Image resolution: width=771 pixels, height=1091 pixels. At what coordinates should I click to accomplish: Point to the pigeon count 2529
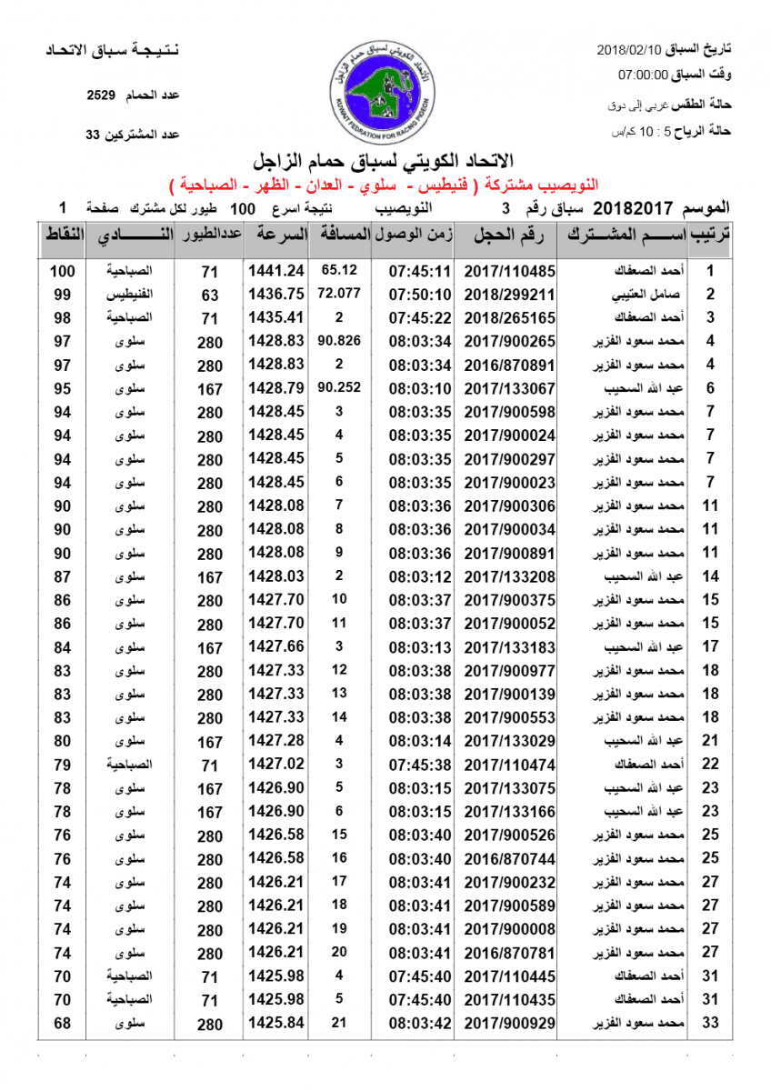click(101, 95)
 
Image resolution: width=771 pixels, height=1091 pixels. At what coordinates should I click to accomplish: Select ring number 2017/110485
click(510, 271)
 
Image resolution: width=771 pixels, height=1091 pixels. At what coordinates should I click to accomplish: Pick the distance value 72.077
click(339, 294)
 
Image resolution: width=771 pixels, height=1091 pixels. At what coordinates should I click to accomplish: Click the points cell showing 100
click(62, 271)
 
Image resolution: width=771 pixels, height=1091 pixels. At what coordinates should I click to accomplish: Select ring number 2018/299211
click(510, 295)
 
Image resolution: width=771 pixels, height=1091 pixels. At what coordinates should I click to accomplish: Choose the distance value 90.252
click(339, 388)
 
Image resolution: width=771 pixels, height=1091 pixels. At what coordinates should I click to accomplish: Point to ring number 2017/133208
click(510, 576)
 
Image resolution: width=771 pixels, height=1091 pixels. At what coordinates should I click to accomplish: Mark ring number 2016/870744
click(510, 859)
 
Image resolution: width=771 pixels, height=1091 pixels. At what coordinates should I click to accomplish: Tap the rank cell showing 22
click(711, 765)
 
